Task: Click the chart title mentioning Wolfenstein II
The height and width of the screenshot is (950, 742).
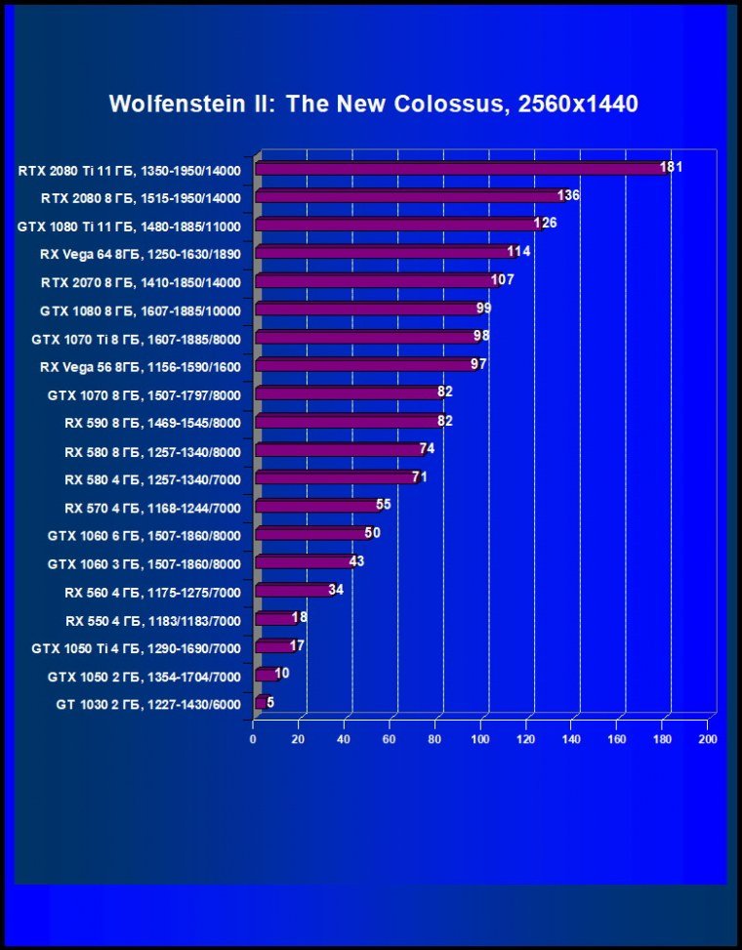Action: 373,103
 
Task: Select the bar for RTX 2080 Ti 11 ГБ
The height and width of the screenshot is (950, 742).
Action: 459,169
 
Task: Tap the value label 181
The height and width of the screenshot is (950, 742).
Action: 671,167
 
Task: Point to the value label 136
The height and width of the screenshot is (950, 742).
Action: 568,195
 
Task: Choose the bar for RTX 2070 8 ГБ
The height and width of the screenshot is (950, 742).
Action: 376,282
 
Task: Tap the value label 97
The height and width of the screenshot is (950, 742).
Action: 478,364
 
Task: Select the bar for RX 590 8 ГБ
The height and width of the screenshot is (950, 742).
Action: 347,423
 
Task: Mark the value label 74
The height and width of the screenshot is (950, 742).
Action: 427,448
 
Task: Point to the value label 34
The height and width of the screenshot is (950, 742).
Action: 336,590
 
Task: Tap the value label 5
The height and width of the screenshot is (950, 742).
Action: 270,702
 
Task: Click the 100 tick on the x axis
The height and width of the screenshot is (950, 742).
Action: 480,739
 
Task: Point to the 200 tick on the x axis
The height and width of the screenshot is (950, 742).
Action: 708,739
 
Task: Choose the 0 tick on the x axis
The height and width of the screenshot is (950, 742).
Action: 253,739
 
